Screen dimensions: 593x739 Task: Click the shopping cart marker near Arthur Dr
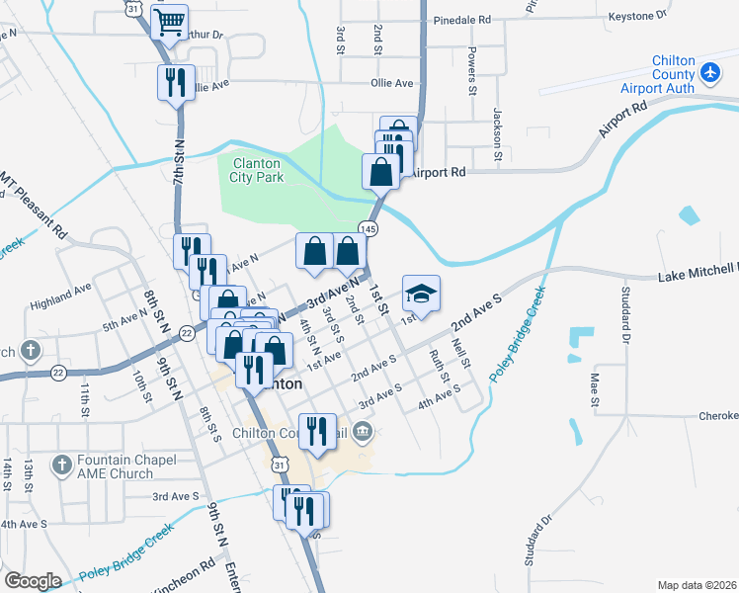(170, 21)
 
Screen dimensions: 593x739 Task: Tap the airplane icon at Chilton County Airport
(709, 72)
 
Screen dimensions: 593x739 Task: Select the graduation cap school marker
(421, 294)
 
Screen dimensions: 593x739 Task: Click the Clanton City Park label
(258, 170)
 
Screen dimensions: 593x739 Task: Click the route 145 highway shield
(368, 228)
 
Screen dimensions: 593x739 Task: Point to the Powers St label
(472, 69)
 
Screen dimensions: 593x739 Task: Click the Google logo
(33, 581)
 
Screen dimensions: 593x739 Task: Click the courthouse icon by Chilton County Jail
(363, 430)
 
